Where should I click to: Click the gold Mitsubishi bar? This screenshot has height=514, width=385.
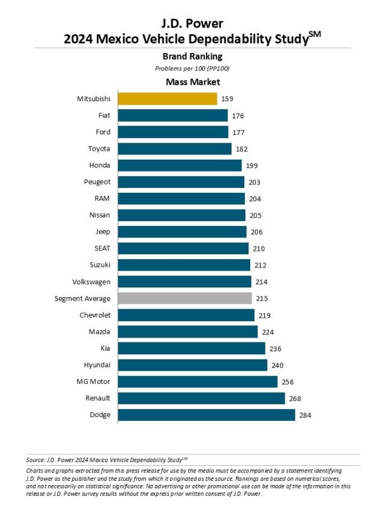click(x=167, y=99)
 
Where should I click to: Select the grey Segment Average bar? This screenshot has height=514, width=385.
click(x=185, y=298)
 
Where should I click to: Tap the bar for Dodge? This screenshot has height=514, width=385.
click(x=206, y=415)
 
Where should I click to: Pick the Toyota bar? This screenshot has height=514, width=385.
click(x=174, y=149)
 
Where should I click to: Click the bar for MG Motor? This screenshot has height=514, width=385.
click(x=197, y=381)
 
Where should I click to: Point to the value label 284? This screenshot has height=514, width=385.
click(x=306, y=415)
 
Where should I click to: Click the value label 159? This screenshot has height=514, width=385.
click(x=227, y=99)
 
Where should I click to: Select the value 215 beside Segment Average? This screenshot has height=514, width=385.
click(x=262, y=298)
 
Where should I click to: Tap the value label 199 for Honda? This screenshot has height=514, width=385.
click(x=251, y=165)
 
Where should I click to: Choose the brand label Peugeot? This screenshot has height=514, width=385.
click(x=97, y=182)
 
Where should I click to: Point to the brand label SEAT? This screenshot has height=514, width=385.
click(x=102, y=248)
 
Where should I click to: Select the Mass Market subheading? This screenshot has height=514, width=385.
click(x=192, y=81)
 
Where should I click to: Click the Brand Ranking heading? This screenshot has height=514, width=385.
click(x=192, y=56)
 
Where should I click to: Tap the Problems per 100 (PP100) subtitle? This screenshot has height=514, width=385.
click(x=192, y=68)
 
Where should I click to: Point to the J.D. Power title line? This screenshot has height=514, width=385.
click(x=192, y=24)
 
